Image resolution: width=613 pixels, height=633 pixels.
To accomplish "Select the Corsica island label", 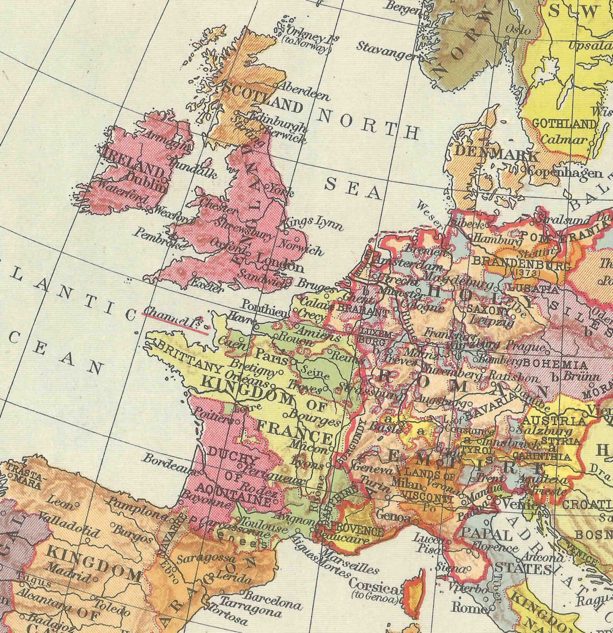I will pos(374,589).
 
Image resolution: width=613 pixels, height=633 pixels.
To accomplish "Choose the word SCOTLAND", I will pos(262,98).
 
